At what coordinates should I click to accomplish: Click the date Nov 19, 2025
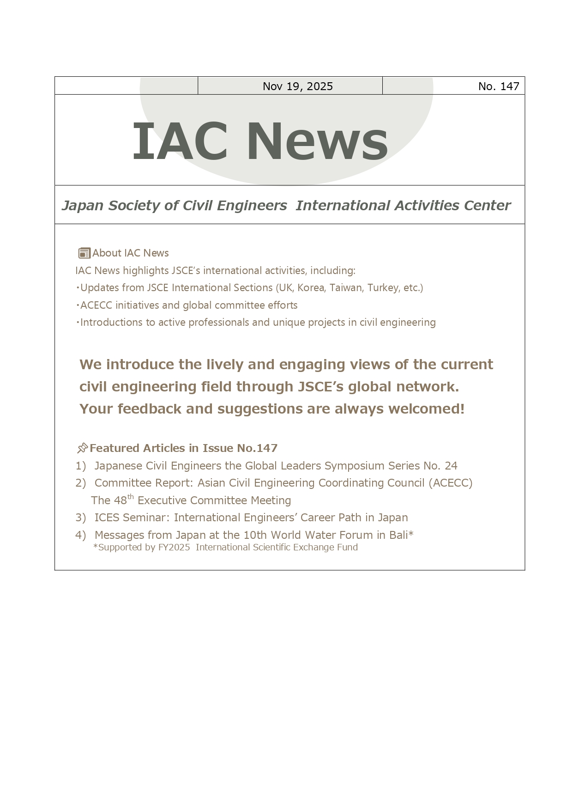pos(297,86)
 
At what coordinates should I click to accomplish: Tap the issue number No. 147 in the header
pos(499,86)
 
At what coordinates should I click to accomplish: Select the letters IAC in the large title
pos(180,141)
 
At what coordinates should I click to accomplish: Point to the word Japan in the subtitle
pos(83,206)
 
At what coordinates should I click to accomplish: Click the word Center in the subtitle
pos(487,206)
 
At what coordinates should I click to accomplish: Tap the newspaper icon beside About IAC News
pos(84,253)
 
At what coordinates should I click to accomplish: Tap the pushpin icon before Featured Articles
pos(82,448)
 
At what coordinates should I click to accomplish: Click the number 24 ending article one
pos(451,466)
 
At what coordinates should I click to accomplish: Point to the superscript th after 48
pos(131,497)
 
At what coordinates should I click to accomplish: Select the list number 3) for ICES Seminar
pos(81,518)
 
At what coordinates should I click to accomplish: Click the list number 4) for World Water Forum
pos(81,535)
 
